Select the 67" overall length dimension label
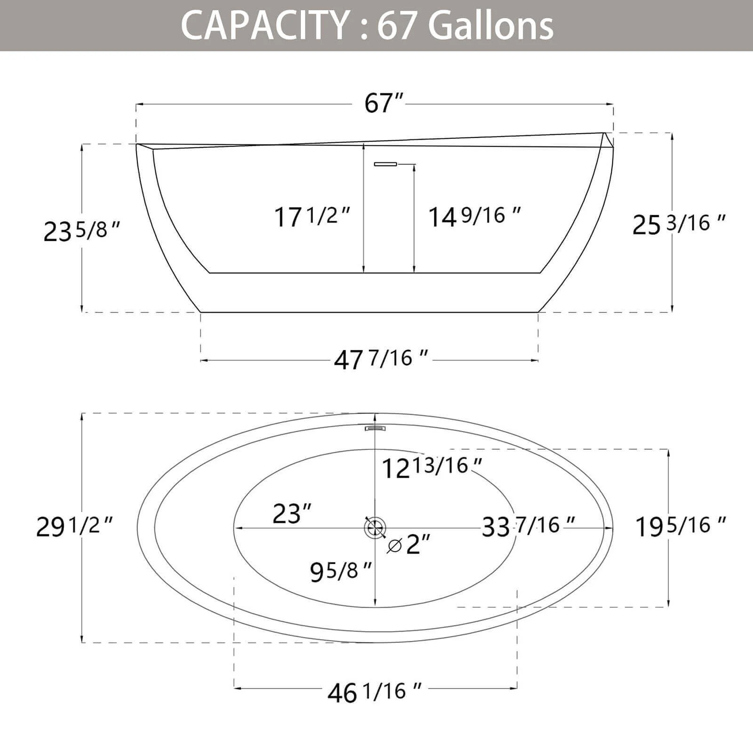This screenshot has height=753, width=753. click(x=384, y=103)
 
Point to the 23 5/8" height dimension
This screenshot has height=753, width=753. click(x=82, y=231)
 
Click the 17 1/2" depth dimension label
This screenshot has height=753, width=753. click(x=312, y=216)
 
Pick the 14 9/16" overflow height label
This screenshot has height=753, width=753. click(x=474, y=216)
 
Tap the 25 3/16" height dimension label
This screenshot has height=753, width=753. click(x=679, y=224)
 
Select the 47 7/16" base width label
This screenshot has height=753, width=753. click(x=381, y=360)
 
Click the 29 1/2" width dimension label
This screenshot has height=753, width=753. click(x=75, y=526)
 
